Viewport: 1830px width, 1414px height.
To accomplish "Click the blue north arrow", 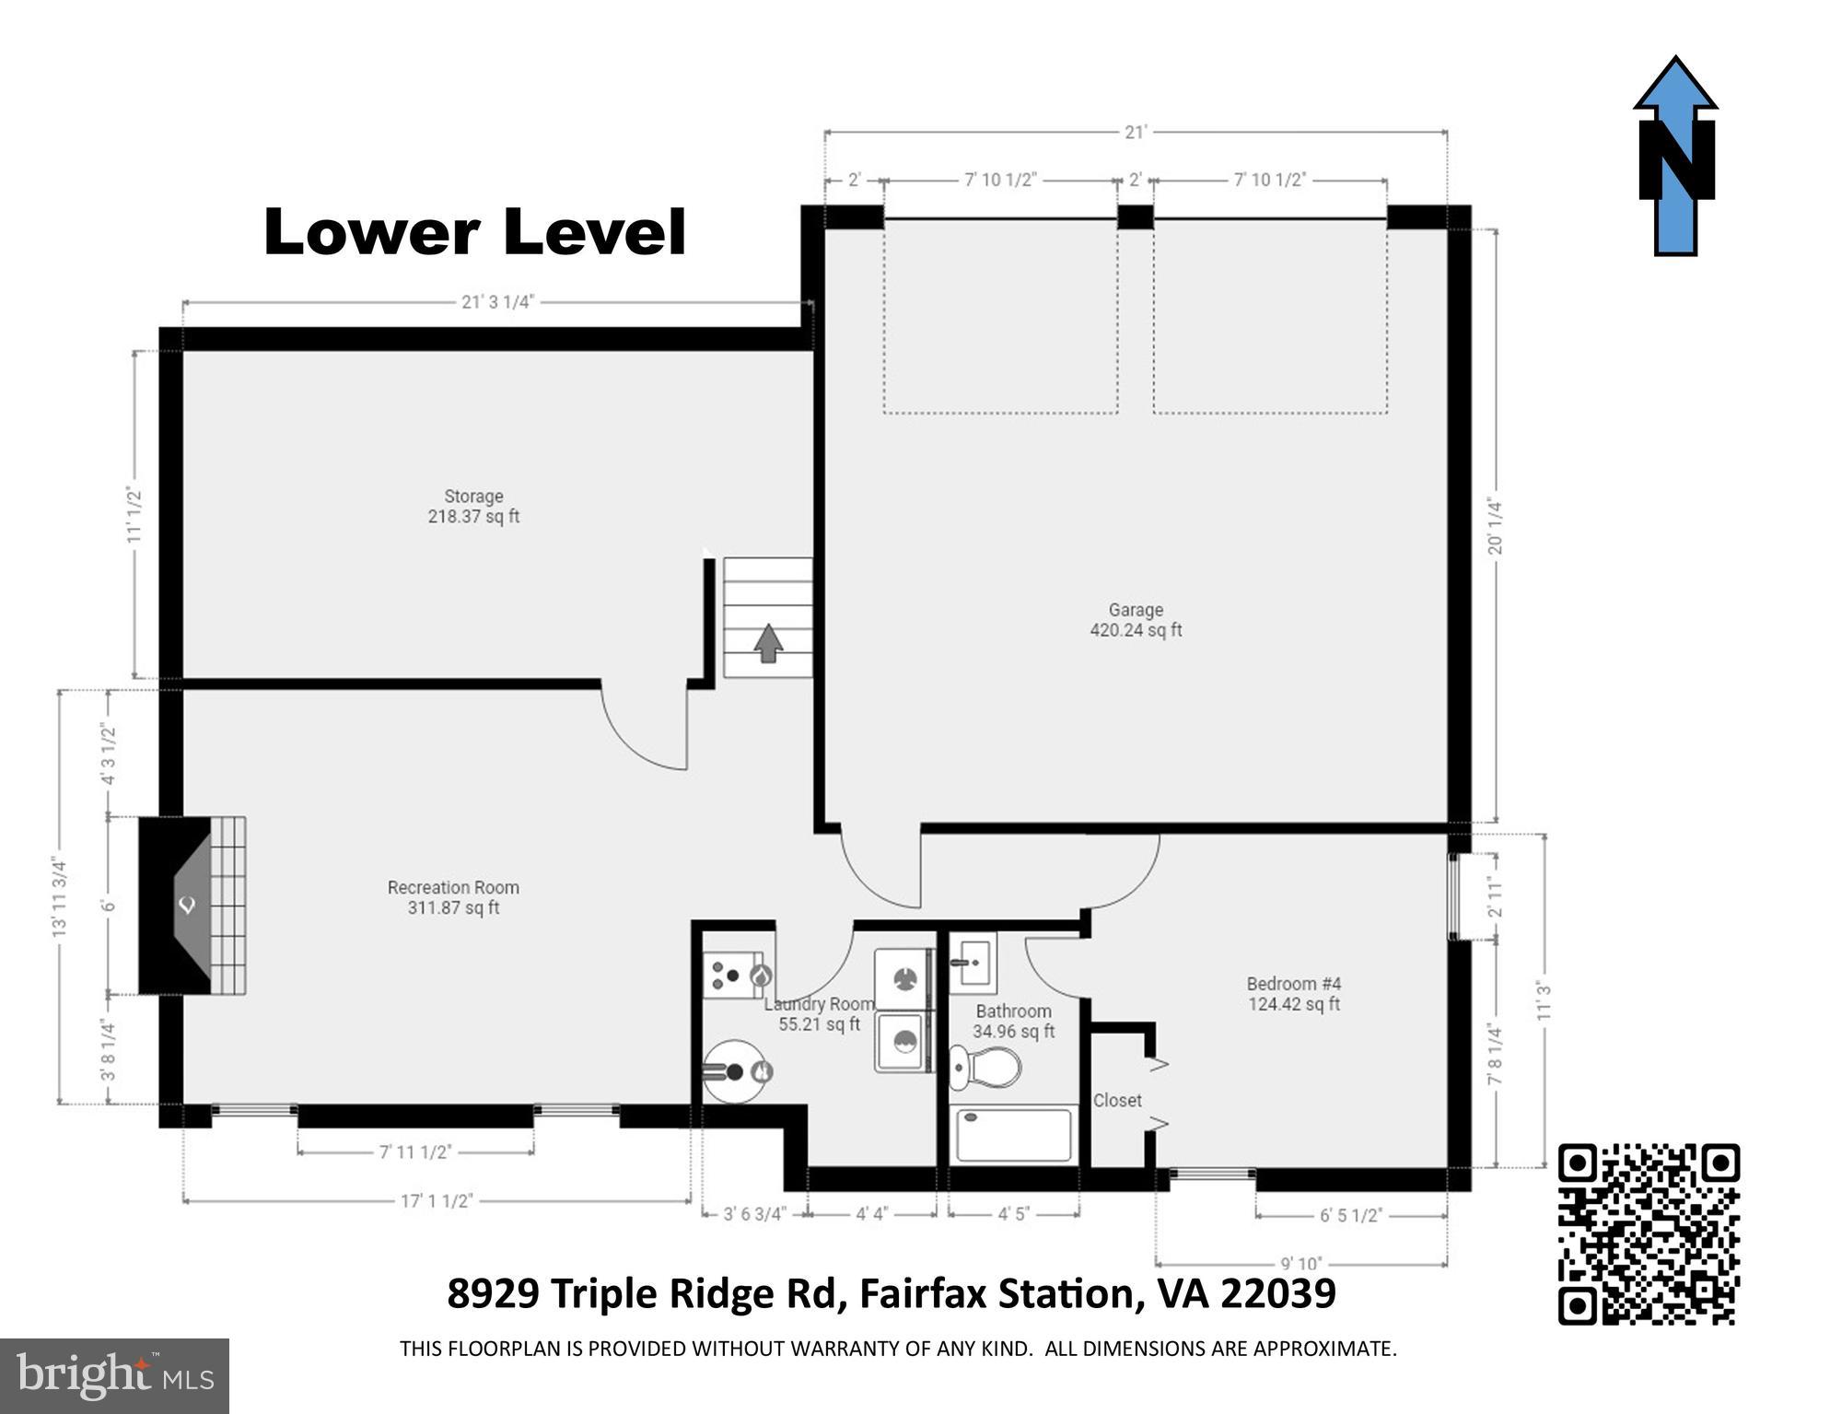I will (x=1675, y=157).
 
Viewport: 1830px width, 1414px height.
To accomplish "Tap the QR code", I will (x=1648, y=1233).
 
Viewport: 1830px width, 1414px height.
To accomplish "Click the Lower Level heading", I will (x=475, y=232).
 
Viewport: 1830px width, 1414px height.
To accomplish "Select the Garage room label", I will (x=1136, y=620).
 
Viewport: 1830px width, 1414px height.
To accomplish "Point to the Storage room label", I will (x=473, y=507).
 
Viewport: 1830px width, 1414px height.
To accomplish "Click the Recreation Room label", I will (x=453, y=897).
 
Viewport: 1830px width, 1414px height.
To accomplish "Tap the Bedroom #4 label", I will (x=1293, y=993).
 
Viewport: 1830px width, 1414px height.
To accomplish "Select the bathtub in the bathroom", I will (x=1013, y=1135).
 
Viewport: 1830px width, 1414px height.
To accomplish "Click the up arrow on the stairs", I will (x=768, y=643).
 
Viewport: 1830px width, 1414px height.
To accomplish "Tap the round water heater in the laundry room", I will (x=736, y=1071).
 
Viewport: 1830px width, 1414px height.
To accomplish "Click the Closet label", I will (x=1117, y=1100).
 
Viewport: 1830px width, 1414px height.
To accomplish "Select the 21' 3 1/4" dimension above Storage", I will (x=497, y=302).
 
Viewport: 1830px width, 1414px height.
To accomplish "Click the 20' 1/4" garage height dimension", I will (x=1495, y=527).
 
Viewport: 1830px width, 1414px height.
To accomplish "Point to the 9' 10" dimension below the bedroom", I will (x=1300, y=1263).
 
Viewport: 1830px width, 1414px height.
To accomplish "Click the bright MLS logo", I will (x=114, y=1376).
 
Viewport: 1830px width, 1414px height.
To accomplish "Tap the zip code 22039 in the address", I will (x=1278, y=1293).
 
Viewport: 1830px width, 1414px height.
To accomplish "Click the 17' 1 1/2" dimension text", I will (x=437, y=1201).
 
